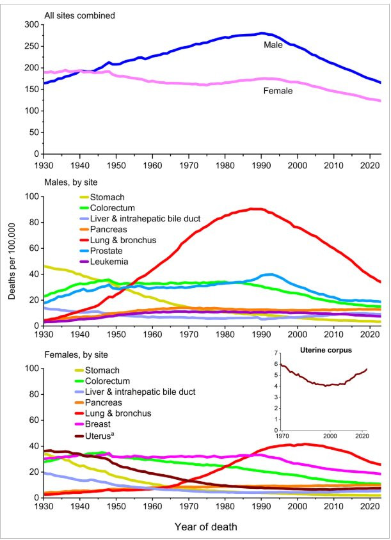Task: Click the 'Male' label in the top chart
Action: coord(273,45)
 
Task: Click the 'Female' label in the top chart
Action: coord(278,91)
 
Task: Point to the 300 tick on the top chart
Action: coord(30,24)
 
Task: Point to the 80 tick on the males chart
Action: coord(32,222)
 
